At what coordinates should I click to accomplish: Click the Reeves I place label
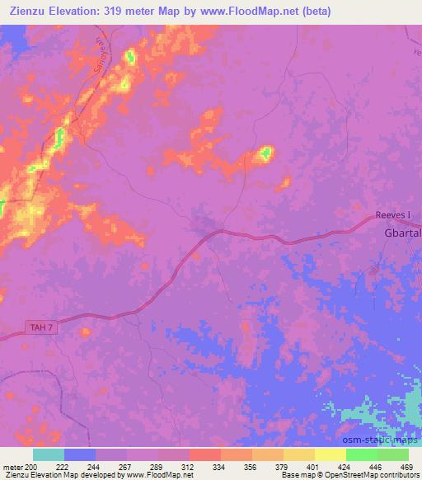(392, 215)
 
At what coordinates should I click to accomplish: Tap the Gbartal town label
(401, 233)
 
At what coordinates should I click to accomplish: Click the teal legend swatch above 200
(49, 454)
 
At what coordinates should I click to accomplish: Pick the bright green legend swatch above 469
(393, 454)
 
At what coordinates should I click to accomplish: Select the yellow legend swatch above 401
(331, 454)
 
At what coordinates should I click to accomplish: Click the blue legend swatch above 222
(80, 454)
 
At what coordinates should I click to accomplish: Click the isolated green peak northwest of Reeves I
(265, 153)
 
